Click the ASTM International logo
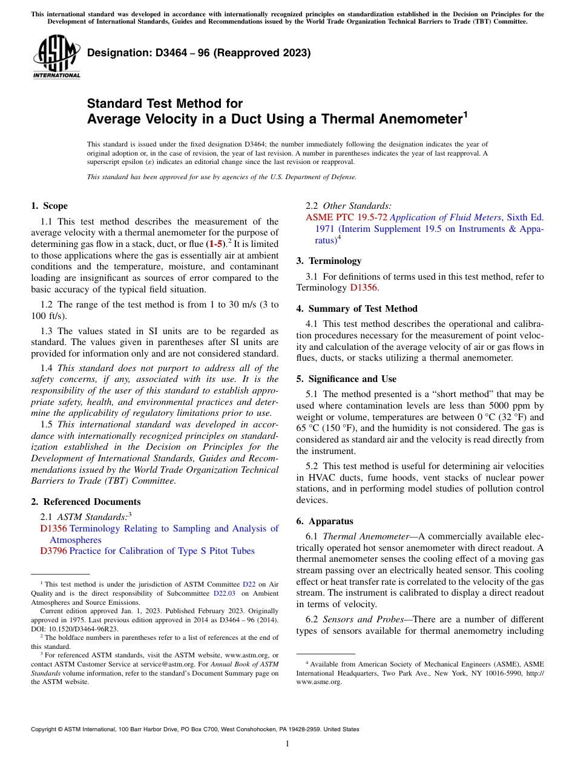pos(56,58)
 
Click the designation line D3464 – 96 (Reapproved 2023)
pos(199,53)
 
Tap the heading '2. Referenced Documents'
pos(85,501)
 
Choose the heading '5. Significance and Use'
pos(346,378)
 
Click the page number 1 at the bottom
pos(287,743)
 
